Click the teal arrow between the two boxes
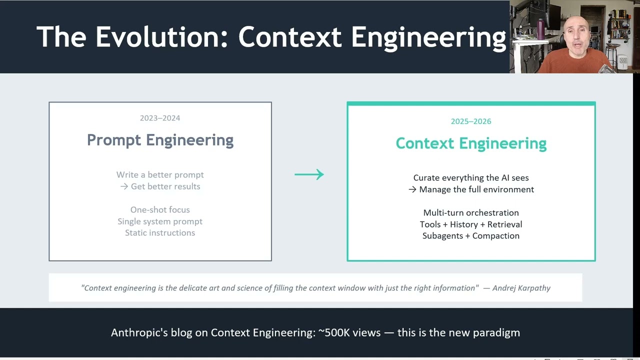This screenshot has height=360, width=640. pyautogui.click(x=309, y=174)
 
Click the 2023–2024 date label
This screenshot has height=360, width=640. pyautogui.click(x=160, y=118)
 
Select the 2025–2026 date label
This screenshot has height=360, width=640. pyautogui.click(x=471, y=121)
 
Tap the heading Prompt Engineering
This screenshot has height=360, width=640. pyautogui.click(x=160, y=140)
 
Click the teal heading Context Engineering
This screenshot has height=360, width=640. pyautogui.click(x=471, y=143)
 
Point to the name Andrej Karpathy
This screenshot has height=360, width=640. pyautogui.click(x=521, y=288)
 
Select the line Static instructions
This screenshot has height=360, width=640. pyautogui.click(x=160, y=233)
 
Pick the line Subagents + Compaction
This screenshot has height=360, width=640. pyautogui.click(x=471, y=236)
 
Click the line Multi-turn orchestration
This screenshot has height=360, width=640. pyautogui.click(x=471, y=213)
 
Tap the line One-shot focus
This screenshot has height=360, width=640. pyautogui.click(x=160, y=210)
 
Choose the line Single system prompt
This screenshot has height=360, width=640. pyautogui.click(x=160, y=221)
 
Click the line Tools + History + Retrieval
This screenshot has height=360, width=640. pyautogui.click(x=471, y=224)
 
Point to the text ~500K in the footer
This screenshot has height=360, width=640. pyautogui.click(x=335, y=332)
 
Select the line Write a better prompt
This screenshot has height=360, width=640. pyautogui.click(x=160, y=175)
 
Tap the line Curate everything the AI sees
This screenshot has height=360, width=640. pyautogui.click(x=471, y=178)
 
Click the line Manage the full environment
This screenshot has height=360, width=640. pyautogui.click(x=476, y=189)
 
